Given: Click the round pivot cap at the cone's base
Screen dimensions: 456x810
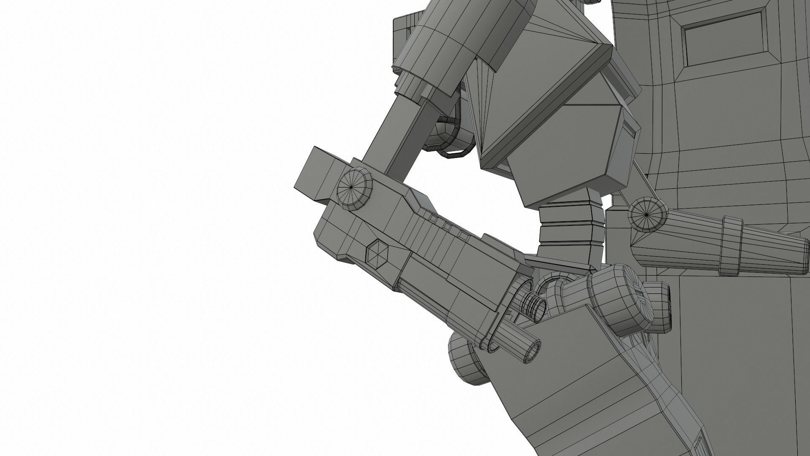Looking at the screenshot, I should pyautogui.click(x=647, y=215).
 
